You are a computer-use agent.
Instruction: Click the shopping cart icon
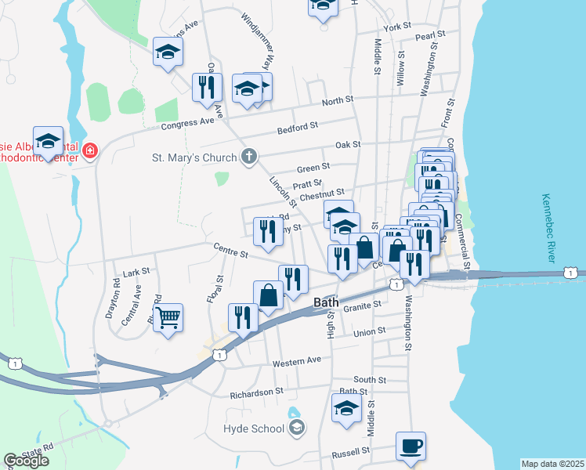(168, 318)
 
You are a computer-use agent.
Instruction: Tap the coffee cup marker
(411, 446)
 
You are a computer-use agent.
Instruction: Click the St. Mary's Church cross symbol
(248, 157)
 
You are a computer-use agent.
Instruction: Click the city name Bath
(326, 302)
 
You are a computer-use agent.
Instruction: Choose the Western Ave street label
(297, 362)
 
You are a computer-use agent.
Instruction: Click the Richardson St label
(256, 391)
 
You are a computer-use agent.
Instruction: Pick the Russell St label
(350, 452)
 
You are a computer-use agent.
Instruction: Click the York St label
(397, 27)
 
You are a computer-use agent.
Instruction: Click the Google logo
(27, 461)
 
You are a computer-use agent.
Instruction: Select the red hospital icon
(90, 149)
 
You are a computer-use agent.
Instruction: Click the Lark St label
(136, 271)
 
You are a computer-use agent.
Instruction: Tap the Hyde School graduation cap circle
(296, 428)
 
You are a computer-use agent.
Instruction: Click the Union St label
(370, 331)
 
